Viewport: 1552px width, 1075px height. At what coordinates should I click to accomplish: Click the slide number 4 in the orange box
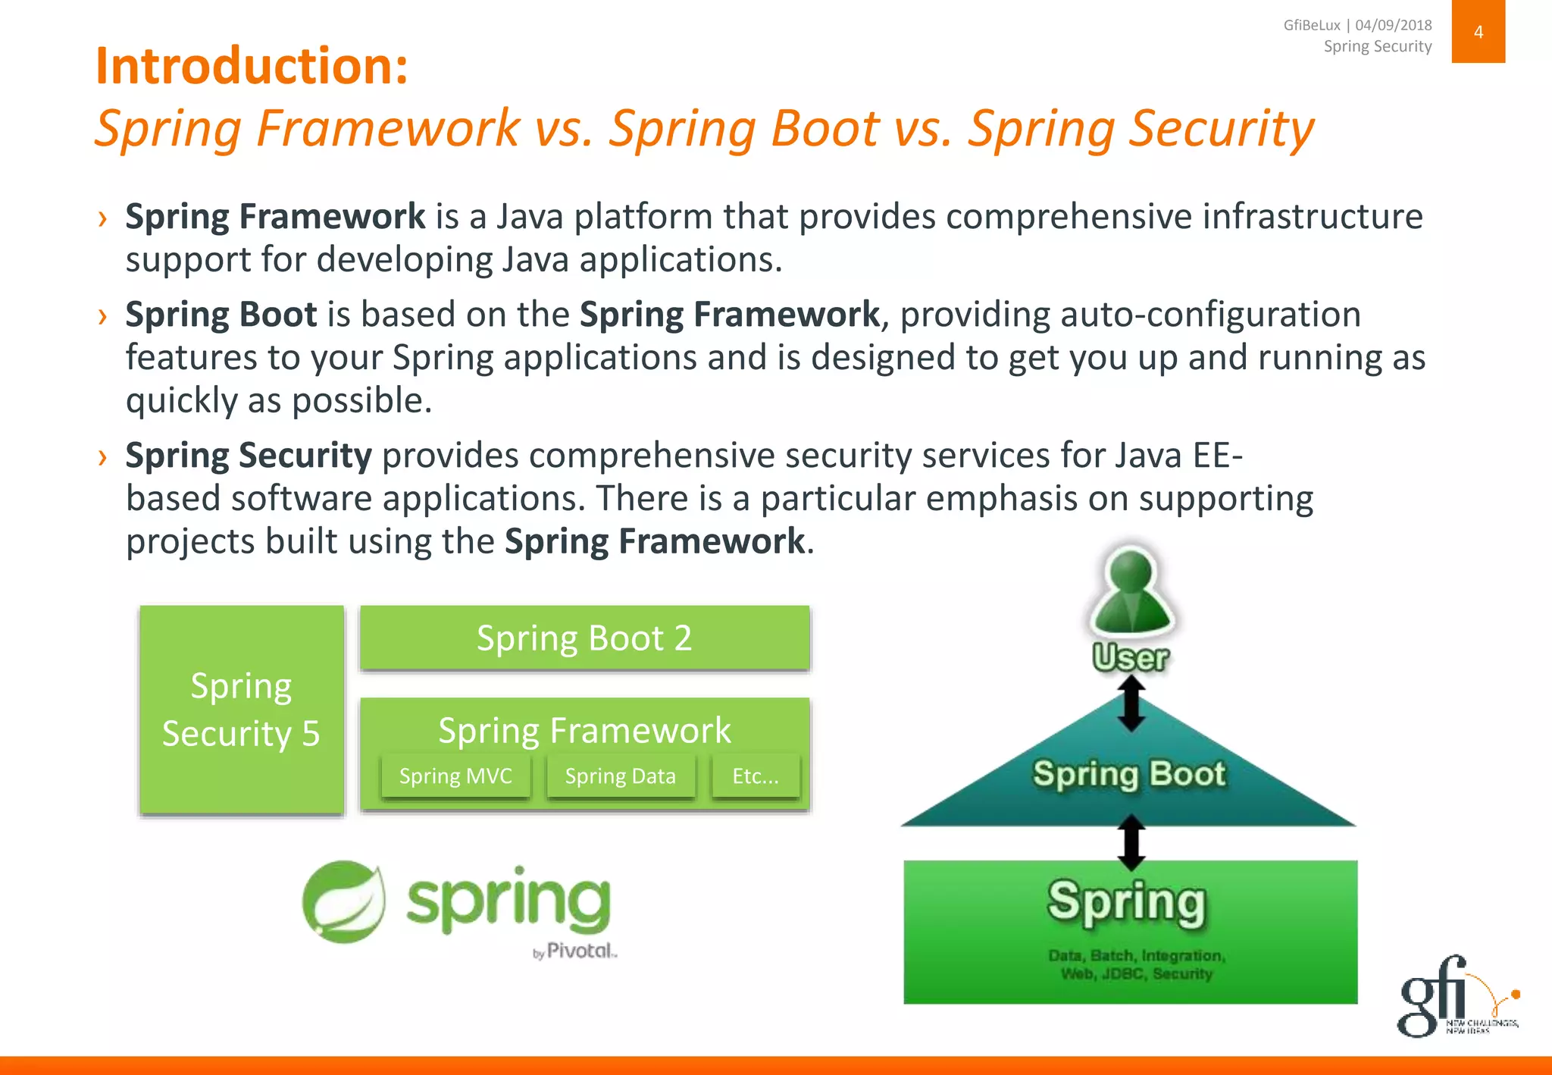[x=1478, y=32]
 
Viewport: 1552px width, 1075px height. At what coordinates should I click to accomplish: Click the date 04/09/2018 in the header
[x=1394, y=25]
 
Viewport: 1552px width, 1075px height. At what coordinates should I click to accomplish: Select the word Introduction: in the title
[x=252, y=67]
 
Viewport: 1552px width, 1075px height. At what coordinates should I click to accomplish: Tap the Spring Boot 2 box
[x=584, y=638]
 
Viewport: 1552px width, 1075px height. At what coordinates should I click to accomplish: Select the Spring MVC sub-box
[x=455, y=776]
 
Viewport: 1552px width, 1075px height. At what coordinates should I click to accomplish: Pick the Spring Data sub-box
[x=620, y=776]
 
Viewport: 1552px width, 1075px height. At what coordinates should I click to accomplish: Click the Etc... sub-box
[x=756, y=776]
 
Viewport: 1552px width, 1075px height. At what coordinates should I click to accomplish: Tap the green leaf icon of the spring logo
[x=344, y=901]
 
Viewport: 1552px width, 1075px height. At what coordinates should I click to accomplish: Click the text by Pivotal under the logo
[x=575, y=951]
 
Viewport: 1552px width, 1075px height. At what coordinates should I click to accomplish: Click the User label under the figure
[x=1131, y=657]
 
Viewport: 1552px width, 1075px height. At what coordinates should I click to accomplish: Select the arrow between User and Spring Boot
[x=1131, y=704]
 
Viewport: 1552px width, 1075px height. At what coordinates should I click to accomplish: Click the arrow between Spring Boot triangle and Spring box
[x=1131, y=842]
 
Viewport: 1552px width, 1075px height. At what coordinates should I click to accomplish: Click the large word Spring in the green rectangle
[x=1127, y=902]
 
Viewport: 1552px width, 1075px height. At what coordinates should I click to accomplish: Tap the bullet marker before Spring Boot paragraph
[x=102, y=316]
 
